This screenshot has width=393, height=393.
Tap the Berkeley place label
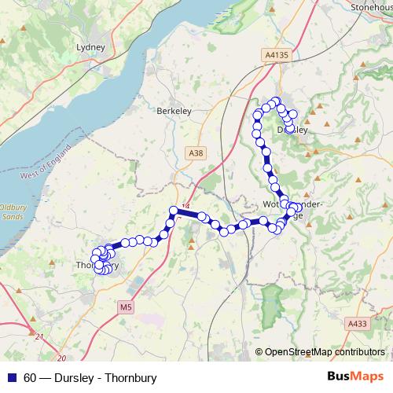175,112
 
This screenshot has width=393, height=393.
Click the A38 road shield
196,152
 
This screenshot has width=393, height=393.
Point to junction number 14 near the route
186,207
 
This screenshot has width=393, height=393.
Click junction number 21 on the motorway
39,336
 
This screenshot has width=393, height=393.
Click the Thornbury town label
97,265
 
